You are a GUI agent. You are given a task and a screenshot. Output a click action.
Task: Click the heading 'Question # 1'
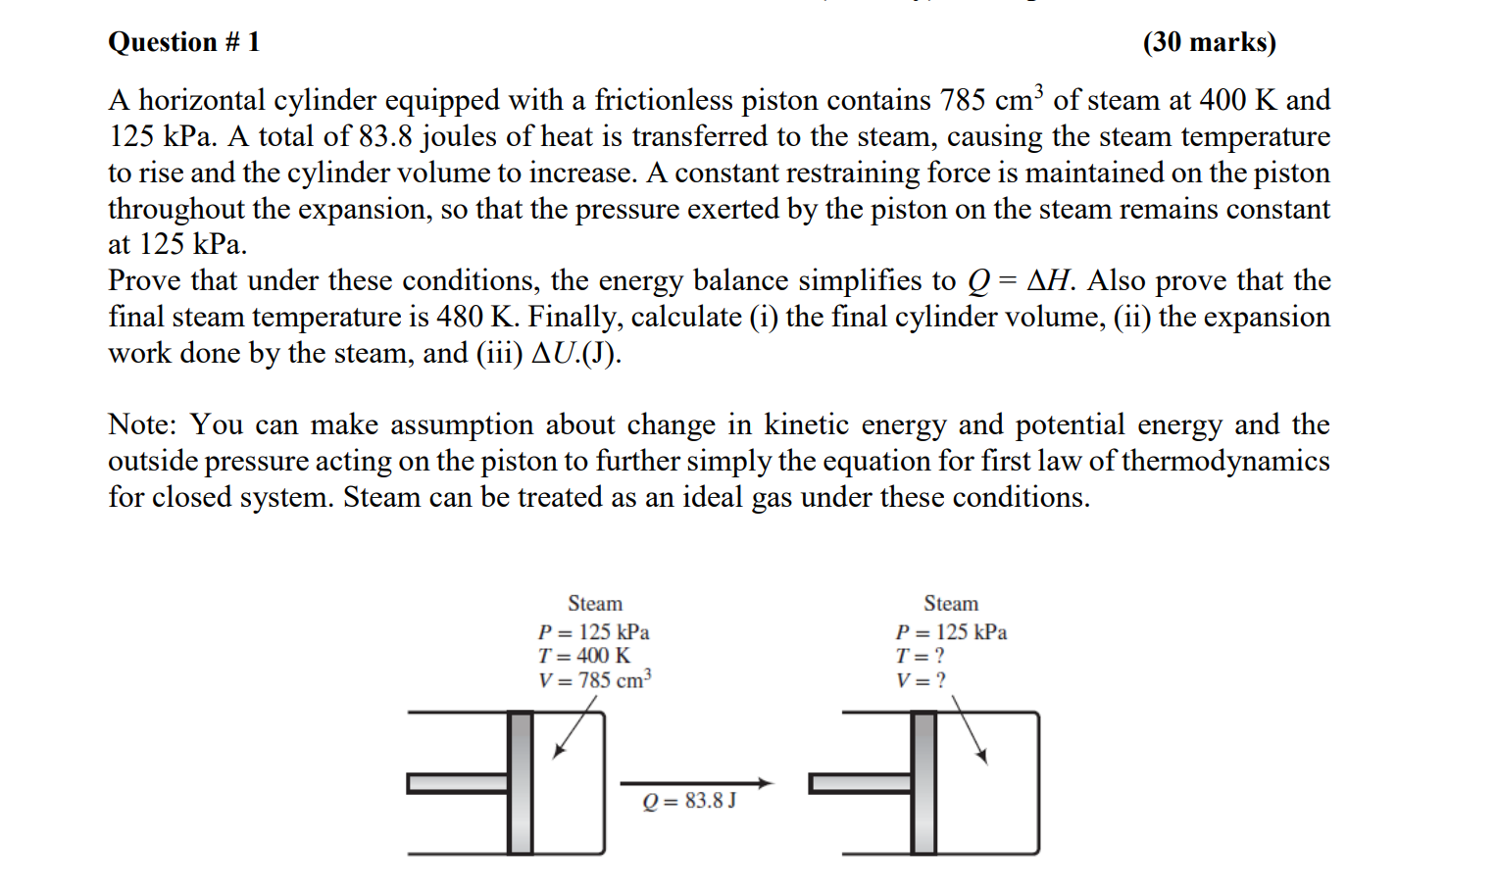tap(183, 42)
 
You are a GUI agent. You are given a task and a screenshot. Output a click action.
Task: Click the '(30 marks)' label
tap(1209, 42)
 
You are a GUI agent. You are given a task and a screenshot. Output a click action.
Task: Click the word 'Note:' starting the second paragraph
tap(142, 424)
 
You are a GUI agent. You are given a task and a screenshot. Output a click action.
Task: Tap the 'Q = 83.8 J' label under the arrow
tap(689, 801)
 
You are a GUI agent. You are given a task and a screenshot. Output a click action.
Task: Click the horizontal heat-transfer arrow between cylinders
tap(696, 782)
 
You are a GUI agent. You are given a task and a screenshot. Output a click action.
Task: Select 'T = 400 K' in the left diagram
tap(583, 656)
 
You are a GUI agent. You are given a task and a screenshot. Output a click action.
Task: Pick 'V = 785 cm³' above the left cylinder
tap(594, 679)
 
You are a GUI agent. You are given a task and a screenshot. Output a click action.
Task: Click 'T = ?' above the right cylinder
tap(920, 656)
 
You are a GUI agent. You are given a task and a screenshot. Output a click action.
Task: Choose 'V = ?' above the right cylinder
tap(921, 679)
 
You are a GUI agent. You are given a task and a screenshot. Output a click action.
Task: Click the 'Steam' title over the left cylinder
tap(595, 603)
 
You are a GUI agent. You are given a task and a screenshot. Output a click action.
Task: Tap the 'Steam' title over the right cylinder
tap(951, 603)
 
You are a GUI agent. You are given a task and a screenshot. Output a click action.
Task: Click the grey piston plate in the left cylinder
tap(521, 782)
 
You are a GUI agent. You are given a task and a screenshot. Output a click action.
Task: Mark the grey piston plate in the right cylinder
tap(923, 782)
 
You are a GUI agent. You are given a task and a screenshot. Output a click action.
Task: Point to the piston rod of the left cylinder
tap(458, 782)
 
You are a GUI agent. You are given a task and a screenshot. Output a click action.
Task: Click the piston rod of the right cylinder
tap(860, 782)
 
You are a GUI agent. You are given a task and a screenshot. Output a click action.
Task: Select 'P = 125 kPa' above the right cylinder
tap(951, 632)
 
